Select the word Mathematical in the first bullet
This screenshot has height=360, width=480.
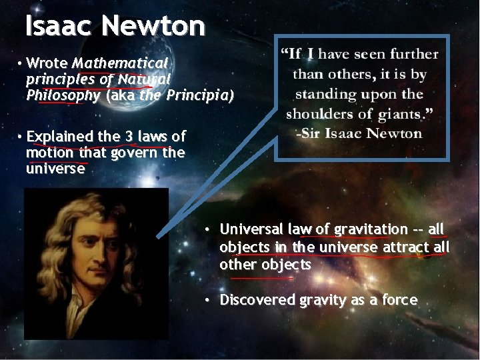pos(120,63)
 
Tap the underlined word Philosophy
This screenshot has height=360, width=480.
pos(63,95)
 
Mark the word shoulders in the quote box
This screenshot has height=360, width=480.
pos(319,113)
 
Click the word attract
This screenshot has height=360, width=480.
pos(405,247)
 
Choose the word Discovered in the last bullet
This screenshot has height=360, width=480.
pos(257,300)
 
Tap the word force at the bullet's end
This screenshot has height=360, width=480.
pos(400,300)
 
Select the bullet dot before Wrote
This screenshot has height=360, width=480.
pos(21,63)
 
